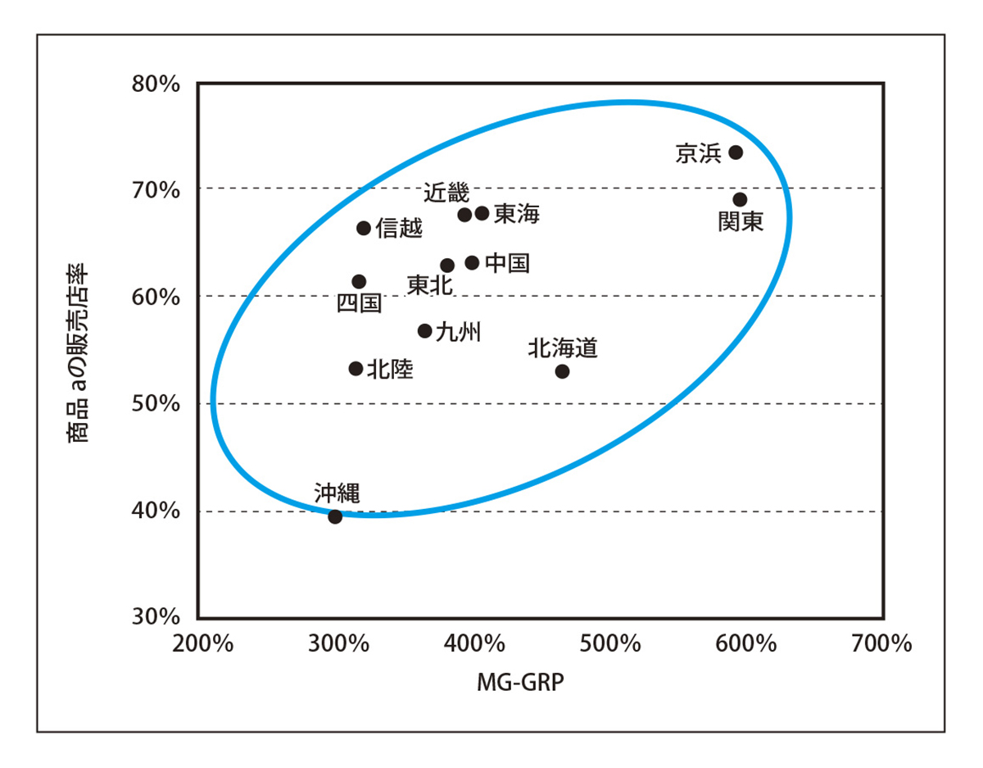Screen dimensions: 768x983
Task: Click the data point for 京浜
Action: (736, 152)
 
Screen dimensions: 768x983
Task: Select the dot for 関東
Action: (740, 200)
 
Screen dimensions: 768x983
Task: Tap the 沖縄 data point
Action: (335, 516)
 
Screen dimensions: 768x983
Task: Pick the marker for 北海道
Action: (562, 371)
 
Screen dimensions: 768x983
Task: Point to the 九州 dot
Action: (424, 331)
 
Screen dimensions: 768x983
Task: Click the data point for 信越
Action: (364, 228)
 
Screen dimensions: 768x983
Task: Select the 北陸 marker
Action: (356, 369)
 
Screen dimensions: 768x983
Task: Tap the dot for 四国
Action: (359, 282)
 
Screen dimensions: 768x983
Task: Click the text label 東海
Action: (517, 215)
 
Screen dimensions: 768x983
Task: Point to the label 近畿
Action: (446, 193)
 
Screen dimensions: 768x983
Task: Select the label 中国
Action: (507, 263)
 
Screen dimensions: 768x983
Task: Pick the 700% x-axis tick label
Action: (884, 644)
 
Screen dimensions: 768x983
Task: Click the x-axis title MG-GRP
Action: (520, 683)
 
